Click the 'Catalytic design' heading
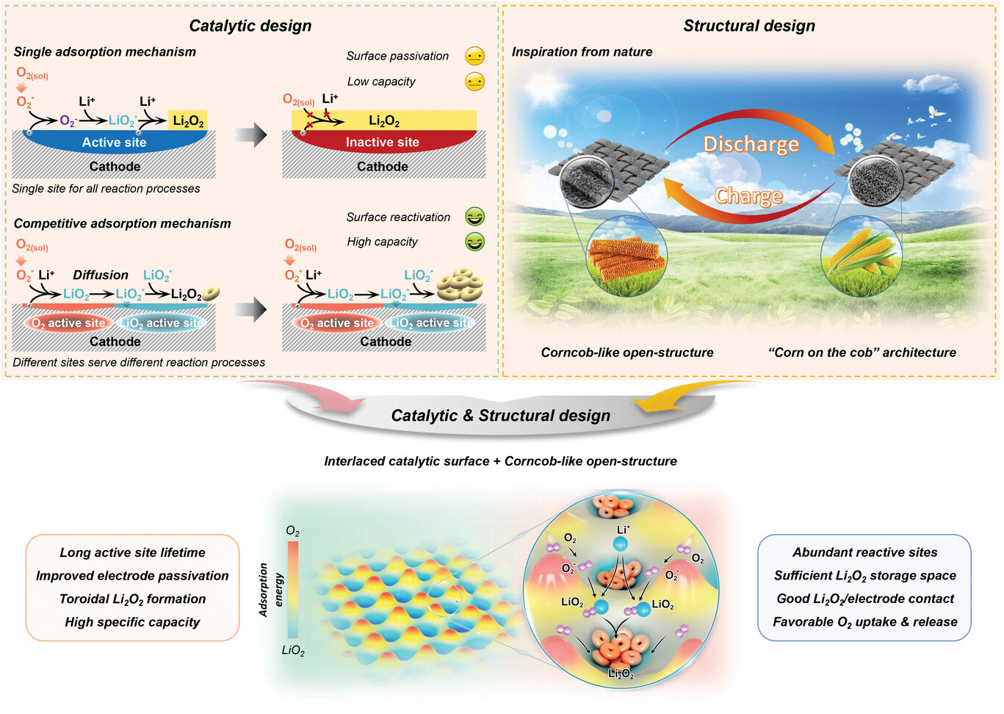pos(250,26)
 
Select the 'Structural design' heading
pos(748,26)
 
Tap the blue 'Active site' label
pos(114,143)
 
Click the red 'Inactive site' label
pos(382,143)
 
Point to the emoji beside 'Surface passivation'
pos(475,57)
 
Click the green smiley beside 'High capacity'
pos(475,242)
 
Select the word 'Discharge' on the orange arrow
pos(751,144)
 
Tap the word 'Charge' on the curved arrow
pos(748,196)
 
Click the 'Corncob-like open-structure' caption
pos(626,353)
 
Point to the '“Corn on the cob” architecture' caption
pos(862,353)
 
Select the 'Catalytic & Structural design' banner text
pos(500,416)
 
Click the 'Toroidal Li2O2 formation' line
pos(132,599)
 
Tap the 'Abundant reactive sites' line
pos(864,552)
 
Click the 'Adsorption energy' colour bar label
pos(271,589)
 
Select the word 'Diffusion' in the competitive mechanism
pos(101,275)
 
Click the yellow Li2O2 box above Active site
pos(188,121)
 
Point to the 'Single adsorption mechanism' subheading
pos(105,52)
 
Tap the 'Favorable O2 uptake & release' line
pos(864,622)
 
